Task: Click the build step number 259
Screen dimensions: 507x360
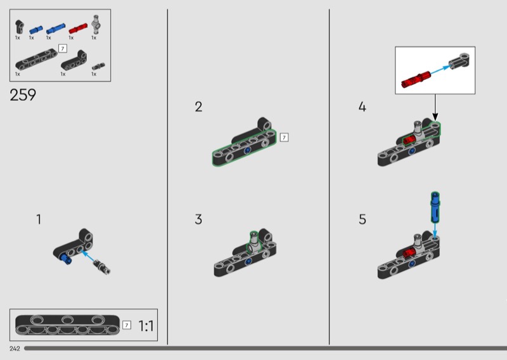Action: [x=23, y=95]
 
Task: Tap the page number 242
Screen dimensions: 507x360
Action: [x=15, y=349]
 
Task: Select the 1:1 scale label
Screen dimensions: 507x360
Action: [x=146, y=326]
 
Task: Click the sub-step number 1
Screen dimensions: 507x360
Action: [x=39, y=219]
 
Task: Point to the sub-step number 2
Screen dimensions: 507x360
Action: [x=198, y=106]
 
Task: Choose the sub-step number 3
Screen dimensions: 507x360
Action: [x=198, y=219]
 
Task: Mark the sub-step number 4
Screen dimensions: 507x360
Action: [x=362, y=106]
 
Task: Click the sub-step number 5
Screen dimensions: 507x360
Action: [x=363, y=219]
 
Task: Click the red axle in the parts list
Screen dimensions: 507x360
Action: [x=78, y=29]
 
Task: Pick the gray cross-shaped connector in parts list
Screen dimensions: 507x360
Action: [x=96, y=24]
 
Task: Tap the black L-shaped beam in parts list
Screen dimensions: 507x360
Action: [x=74, y=60]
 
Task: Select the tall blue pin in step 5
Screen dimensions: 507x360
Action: [x=435, y=207]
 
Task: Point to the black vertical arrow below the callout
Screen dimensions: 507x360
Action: [x=435, y=107]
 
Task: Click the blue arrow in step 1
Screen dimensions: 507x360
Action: [x=87, y=256]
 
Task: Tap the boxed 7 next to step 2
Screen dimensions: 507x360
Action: [x=284, y=138]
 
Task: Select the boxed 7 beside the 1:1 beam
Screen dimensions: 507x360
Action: [x=127, y=325]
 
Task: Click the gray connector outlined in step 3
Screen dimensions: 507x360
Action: [x=254, y=242]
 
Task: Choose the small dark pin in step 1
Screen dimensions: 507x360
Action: [x=102, y=267]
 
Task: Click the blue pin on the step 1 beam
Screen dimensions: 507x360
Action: [x=66, y=259]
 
